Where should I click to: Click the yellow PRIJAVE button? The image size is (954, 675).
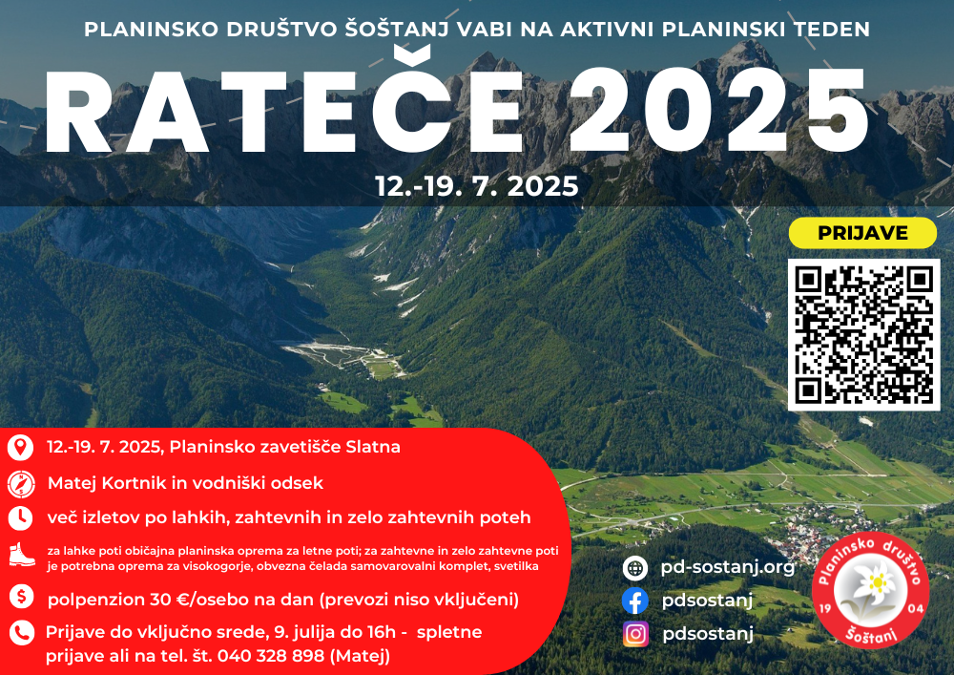862,233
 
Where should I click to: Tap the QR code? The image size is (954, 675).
863,335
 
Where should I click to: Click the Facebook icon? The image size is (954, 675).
635,601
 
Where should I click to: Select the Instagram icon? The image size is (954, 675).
635,634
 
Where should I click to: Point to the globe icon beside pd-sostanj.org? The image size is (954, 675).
635,568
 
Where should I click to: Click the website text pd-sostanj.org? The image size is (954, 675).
728,567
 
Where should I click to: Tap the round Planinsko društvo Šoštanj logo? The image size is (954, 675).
871,590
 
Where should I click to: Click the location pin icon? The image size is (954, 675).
20,447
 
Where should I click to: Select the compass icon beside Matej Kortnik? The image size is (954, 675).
21,484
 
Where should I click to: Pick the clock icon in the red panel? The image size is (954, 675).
21,518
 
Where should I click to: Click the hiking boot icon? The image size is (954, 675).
21,555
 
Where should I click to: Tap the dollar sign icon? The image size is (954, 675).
21,597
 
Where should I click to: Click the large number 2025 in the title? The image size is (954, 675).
718,110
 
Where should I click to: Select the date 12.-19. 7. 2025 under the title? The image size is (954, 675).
476,186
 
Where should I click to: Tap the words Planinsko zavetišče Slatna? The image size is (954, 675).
284,447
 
